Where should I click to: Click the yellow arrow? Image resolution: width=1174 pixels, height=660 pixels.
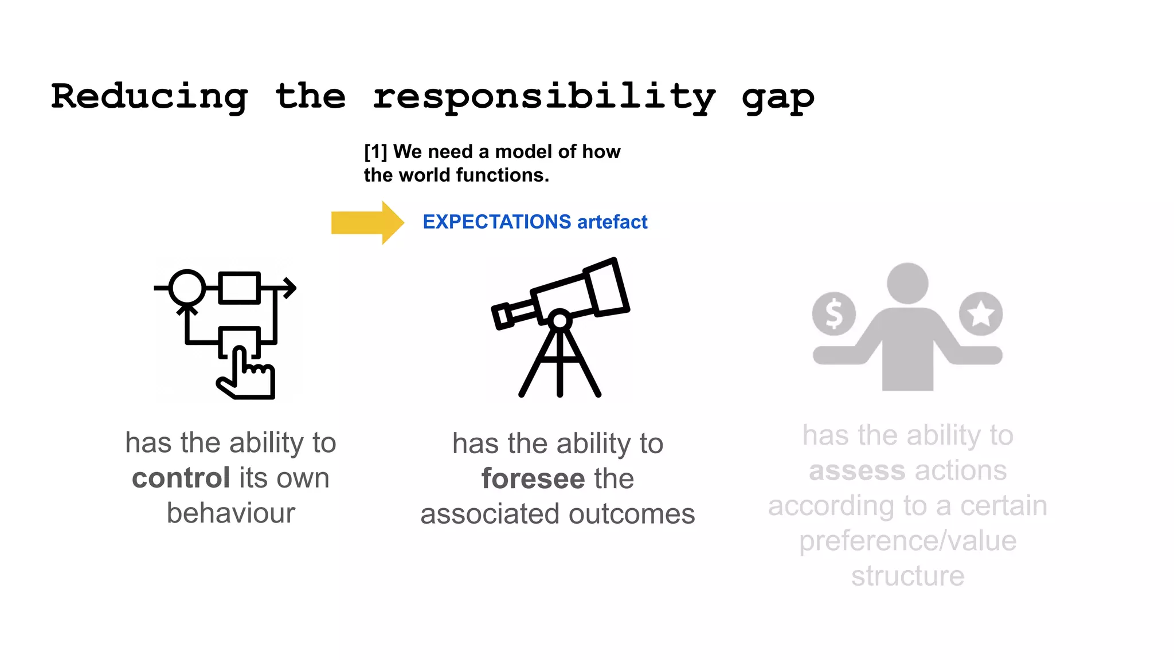tap(367, 222)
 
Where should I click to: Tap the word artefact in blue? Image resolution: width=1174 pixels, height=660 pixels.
tap(612, 222)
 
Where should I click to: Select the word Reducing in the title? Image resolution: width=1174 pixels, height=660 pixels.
tap(150, 97)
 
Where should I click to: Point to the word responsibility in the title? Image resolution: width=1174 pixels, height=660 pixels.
tap(544, 97)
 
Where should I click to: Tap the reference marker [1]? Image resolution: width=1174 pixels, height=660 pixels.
tap(375, 152)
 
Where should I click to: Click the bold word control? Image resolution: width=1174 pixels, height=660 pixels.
tap(181, 478)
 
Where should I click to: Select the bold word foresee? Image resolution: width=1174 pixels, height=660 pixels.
tap(533, 478)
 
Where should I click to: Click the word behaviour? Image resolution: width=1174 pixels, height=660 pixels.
tap(230, 513)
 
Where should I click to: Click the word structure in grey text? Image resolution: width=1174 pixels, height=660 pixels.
tap(907, 576)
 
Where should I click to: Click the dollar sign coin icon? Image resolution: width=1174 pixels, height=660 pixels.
tap(833, 314)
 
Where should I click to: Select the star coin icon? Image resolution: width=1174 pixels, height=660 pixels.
tap(981, 313)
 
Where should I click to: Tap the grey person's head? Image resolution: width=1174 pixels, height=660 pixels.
tap(907, 283)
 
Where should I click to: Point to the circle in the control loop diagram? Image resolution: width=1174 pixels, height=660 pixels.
tap(187, 288)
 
